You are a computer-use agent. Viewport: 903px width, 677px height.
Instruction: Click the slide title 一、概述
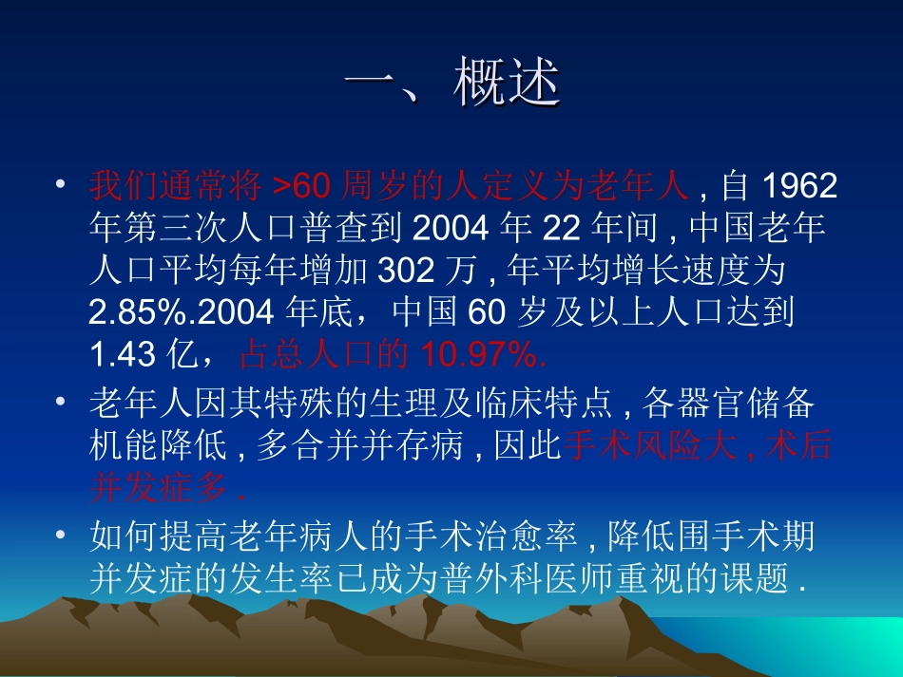coord(451,85)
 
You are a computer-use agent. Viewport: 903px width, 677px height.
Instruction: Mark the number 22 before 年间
coord(561,229)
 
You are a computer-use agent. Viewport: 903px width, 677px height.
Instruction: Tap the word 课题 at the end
coord(759,580)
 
